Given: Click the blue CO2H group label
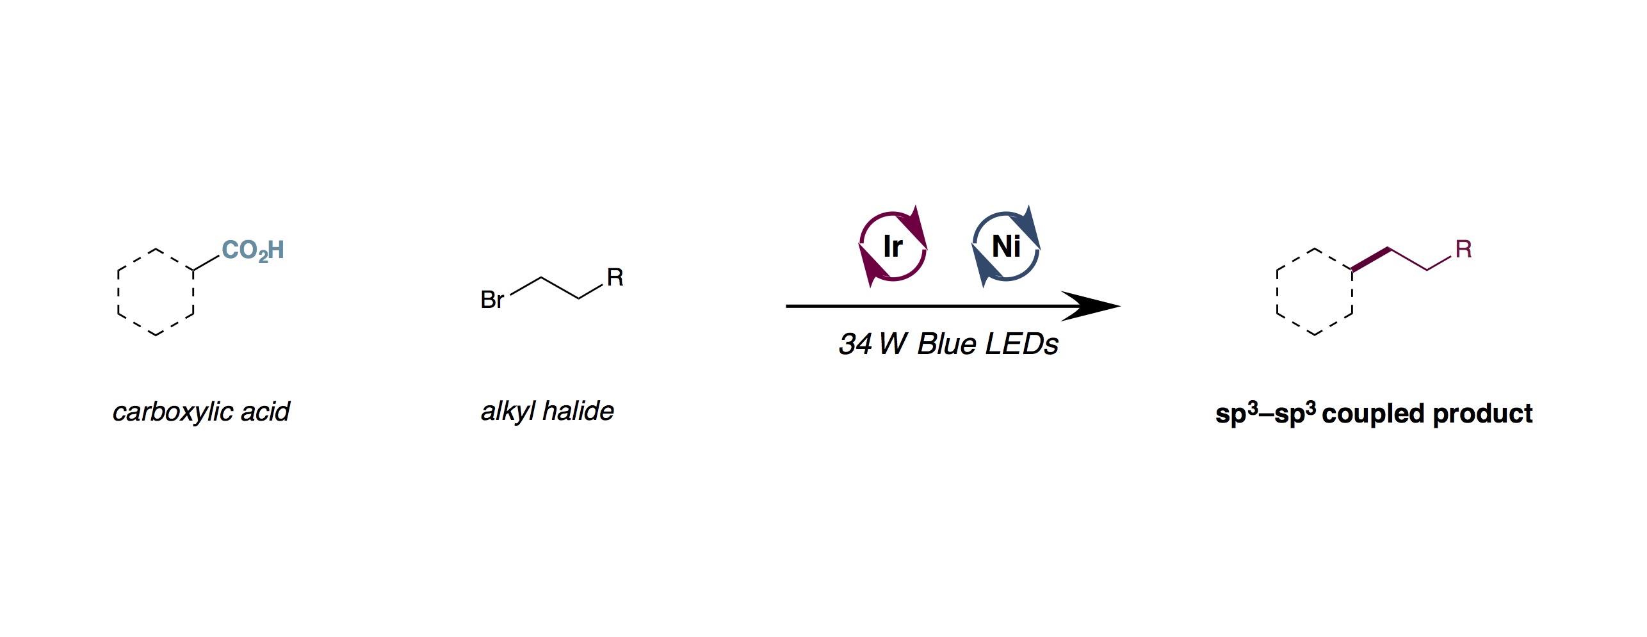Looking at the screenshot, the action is (x=253, y=250).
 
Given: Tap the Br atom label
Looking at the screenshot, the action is (x=492, y=300).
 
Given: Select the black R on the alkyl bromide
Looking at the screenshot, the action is (x=615, y=277).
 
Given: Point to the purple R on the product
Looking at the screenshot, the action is (x=1464, y=249).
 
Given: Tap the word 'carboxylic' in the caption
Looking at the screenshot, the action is (x=172, y=412).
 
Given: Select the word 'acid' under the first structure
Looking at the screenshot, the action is (x=265, y=411).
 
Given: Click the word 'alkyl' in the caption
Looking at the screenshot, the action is (x=508, y=411).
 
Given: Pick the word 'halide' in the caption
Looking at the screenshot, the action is (x=578, y=410).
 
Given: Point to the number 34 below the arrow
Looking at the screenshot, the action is (x=856, y=344).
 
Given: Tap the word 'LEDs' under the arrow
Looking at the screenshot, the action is (x=1022, y=344).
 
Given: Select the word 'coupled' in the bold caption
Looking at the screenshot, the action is (x=1373, y=414).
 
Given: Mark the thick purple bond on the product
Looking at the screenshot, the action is (x=1370, y=259).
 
